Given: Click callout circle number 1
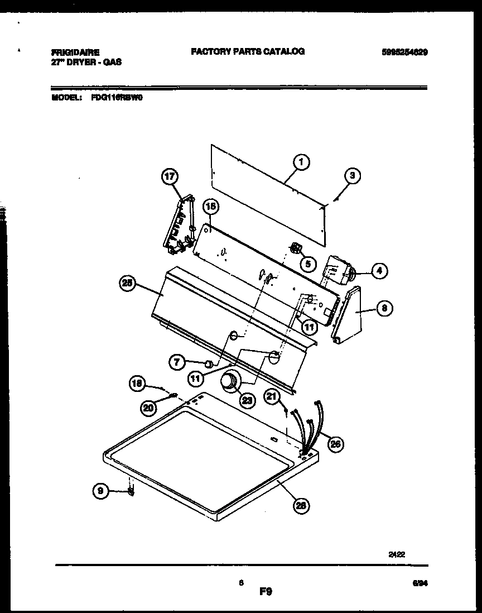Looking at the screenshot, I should [x=301, y=162].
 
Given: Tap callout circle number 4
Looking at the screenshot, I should [x=379, y=271].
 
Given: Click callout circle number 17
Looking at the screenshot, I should [x=169, y=177].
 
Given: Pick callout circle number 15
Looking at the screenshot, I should [x=210, y=207].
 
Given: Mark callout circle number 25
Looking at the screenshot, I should [x=128, y=284].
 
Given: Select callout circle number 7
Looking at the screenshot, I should [x=177, y=362].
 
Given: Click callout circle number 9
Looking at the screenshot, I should [x=100, y=491].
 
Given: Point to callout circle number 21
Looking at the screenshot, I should [x=272, y=397].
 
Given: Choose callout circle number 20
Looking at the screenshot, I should [x=148, y=408].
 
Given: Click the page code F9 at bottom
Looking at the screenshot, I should [x=266, y=591].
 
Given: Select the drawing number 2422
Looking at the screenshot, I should [x=397, y=555].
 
